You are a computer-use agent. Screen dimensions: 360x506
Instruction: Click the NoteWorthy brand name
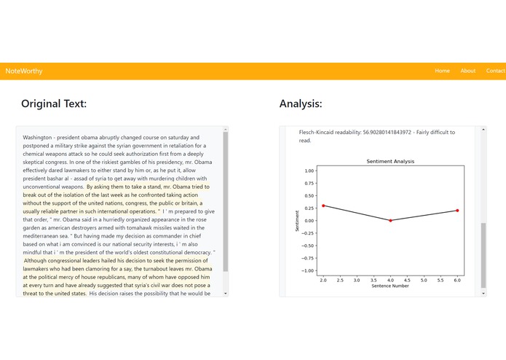click(24, 71)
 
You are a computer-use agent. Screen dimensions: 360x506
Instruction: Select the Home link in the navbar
click(442, 71)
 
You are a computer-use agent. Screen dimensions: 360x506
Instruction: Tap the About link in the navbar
click(468, 71)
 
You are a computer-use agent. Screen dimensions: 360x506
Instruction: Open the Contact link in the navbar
click(495, 71)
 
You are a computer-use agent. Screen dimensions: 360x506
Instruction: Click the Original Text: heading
click(54, 103)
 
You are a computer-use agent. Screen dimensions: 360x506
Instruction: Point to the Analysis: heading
click(301, 103)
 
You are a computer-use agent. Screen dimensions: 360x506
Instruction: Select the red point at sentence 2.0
click(323, 206)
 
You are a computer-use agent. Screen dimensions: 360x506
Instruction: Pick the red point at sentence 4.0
click(390, 220)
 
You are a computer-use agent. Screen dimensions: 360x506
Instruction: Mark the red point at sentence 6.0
click(457, 211)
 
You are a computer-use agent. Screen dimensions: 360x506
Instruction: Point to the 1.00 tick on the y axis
click(309, 171)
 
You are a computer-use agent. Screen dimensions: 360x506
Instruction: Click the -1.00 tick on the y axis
click(309, 270)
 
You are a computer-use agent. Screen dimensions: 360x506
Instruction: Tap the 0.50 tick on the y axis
click(309, 195)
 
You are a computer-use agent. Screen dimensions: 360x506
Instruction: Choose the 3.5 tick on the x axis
click(373, 280)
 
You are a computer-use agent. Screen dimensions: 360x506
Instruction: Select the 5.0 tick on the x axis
click(424, 280)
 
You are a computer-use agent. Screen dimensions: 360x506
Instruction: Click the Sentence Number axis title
click(390, 286)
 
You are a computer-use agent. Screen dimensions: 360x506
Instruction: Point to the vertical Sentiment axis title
click(297, 220)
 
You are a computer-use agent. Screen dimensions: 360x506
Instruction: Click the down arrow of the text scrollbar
click(226, 293)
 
